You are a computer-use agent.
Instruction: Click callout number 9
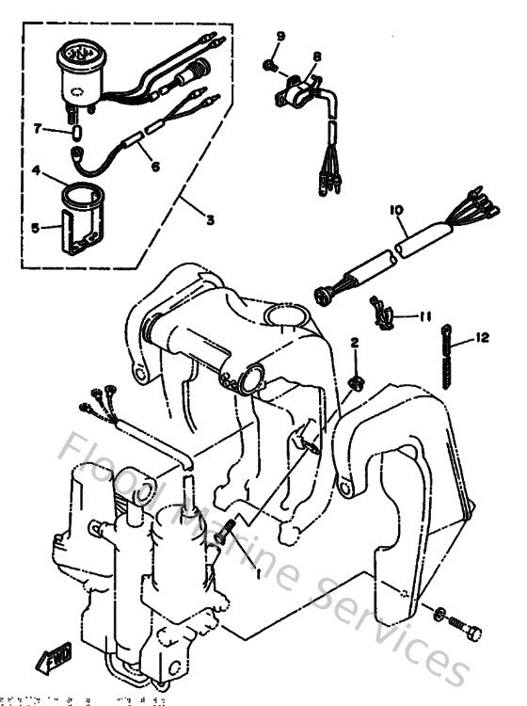pos(279,36)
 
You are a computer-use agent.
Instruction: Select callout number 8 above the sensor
pos(317,56)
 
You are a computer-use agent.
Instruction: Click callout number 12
pos(483,338)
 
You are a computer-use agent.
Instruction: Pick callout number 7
pos(38,127)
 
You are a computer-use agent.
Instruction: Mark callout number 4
pos(36,171)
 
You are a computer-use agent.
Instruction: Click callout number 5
pos(36,227)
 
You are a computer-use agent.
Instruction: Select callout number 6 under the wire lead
pos(155,167)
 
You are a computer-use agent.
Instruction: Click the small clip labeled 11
pos(383,313)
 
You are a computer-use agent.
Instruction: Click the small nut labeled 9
pos(269,66)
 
